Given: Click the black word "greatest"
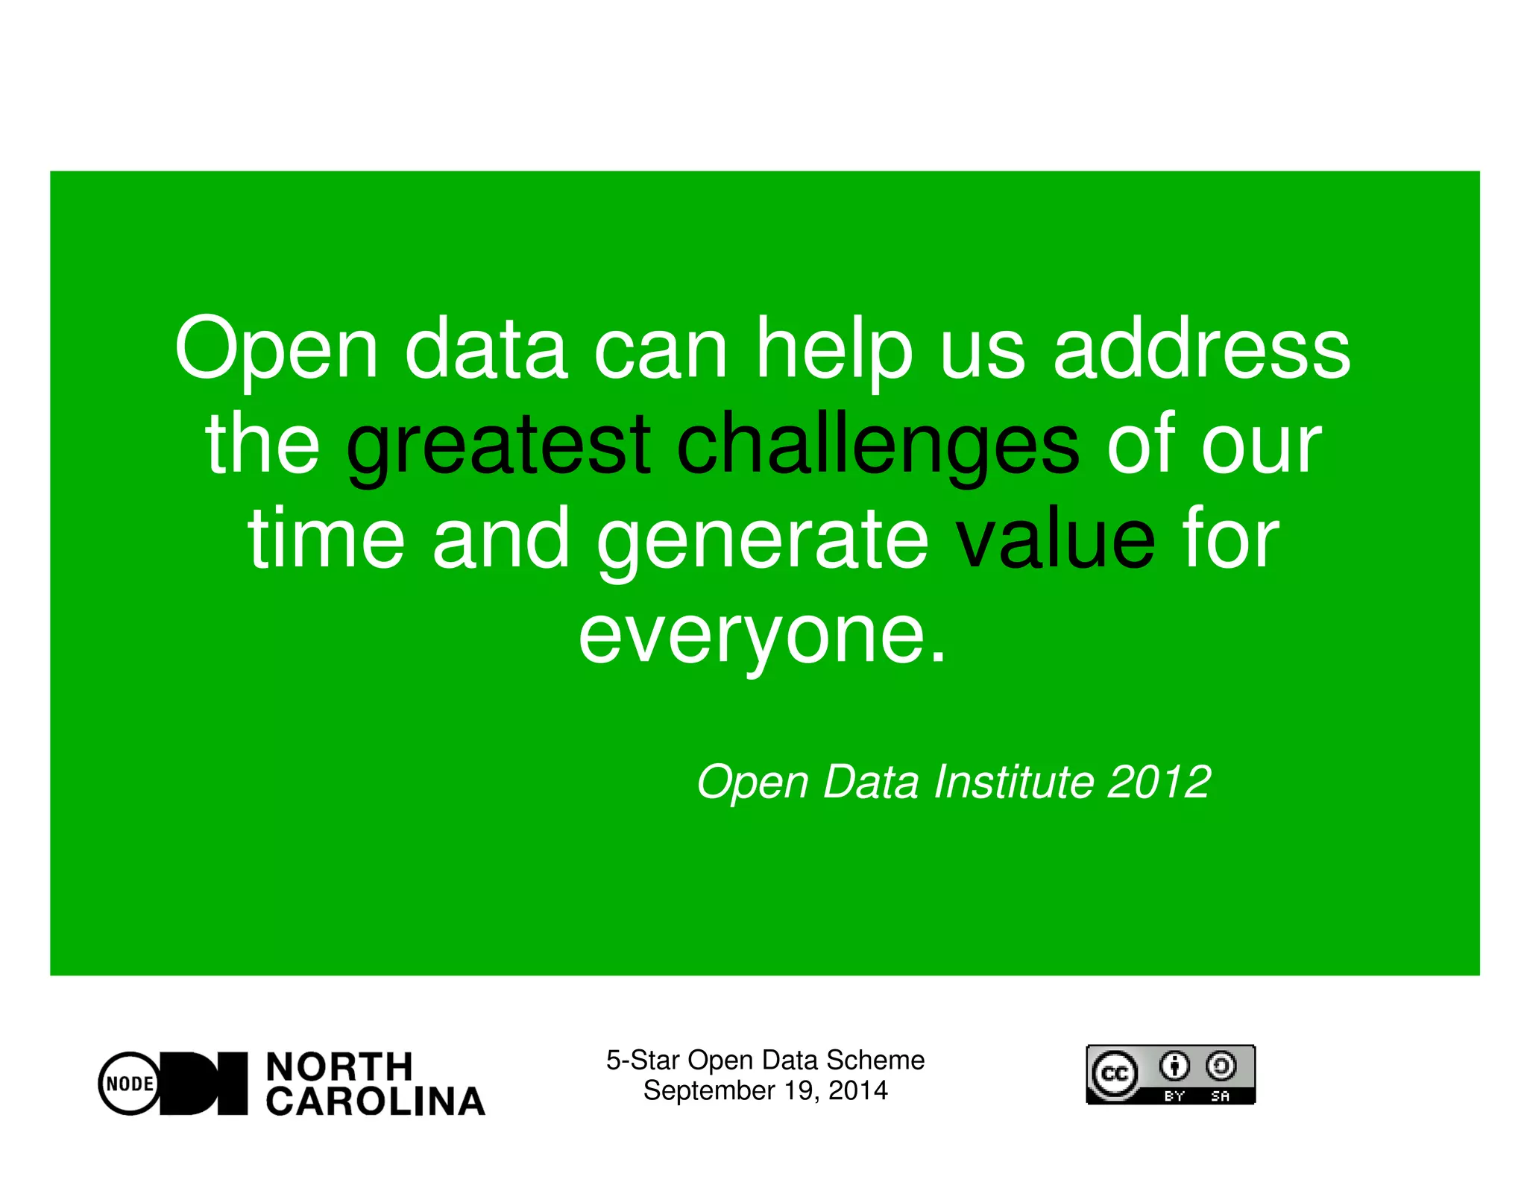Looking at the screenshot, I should (x=498, y=446).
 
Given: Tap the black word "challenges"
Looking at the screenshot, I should (x=878, y=446).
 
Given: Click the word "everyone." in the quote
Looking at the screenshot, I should (x=763, y=636).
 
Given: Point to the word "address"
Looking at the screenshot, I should (x=1201, y=349).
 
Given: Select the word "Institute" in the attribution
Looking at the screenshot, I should (x=1015, y=782).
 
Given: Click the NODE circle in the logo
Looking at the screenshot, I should (x=130, y=1083).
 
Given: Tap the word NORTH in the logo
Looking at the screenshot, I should (x=339, y=1066).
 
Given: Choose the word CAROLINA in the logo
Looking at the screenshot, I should (x=376, y=1101).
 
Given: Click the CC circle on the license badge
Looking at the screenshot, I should (x=1115, y=1074).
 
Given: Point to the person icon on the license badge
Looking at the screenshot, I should (x=1175, y=1066).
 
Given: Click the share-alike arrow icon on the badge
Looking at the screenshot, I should (x=1221, y=1066).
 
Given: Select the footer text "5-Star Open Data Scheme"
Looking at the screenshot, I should (x=765, y=1060).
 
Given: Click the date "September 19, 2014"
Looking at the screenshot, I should (x=765, y=1090).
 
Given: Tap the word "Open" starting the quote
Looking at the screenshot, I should (x=276, y=349).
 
